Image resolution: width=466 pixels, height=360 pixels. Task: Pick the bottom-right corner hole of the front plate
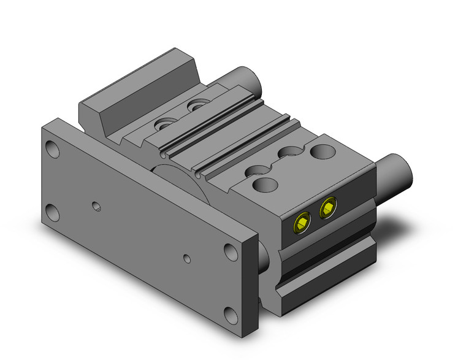pos(230,315)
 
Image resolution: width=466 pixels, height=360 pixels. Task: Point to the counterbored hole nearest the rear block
pos(164,124)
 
